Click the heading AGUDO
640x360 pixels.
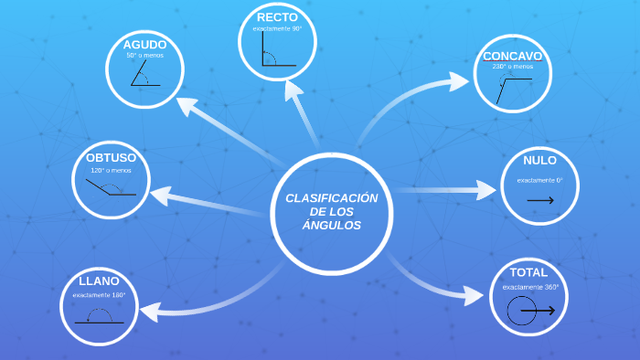pos(144,45)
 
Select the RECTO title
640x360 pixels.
pos(277,17)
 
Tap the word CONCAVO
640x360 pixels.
pos(512,56)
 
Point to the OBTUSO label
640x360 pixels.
pos(111,157)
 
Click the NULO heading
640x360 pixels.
pos(539,161)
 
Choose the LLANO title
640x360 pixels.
pos(99,281)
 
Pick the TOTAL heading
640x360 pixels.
pos(528,272)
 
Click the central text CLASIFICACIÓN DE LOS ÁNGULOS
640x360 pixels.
pos(331,212)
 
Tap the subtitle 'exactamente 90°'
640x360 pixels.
pos(277,28)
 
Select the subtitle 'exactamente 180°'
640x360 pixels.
pos(99,294)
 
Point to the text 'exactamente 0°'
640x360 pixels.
pos(539,180)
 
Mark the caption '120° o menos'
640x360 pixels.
pos(111,171)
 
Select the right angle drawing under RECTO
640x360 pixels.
pos(277,51)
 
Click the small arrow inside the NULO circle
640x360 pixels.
pos(540,200)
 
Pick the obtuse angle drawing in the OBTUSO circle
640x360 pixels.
pos(111,188)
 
